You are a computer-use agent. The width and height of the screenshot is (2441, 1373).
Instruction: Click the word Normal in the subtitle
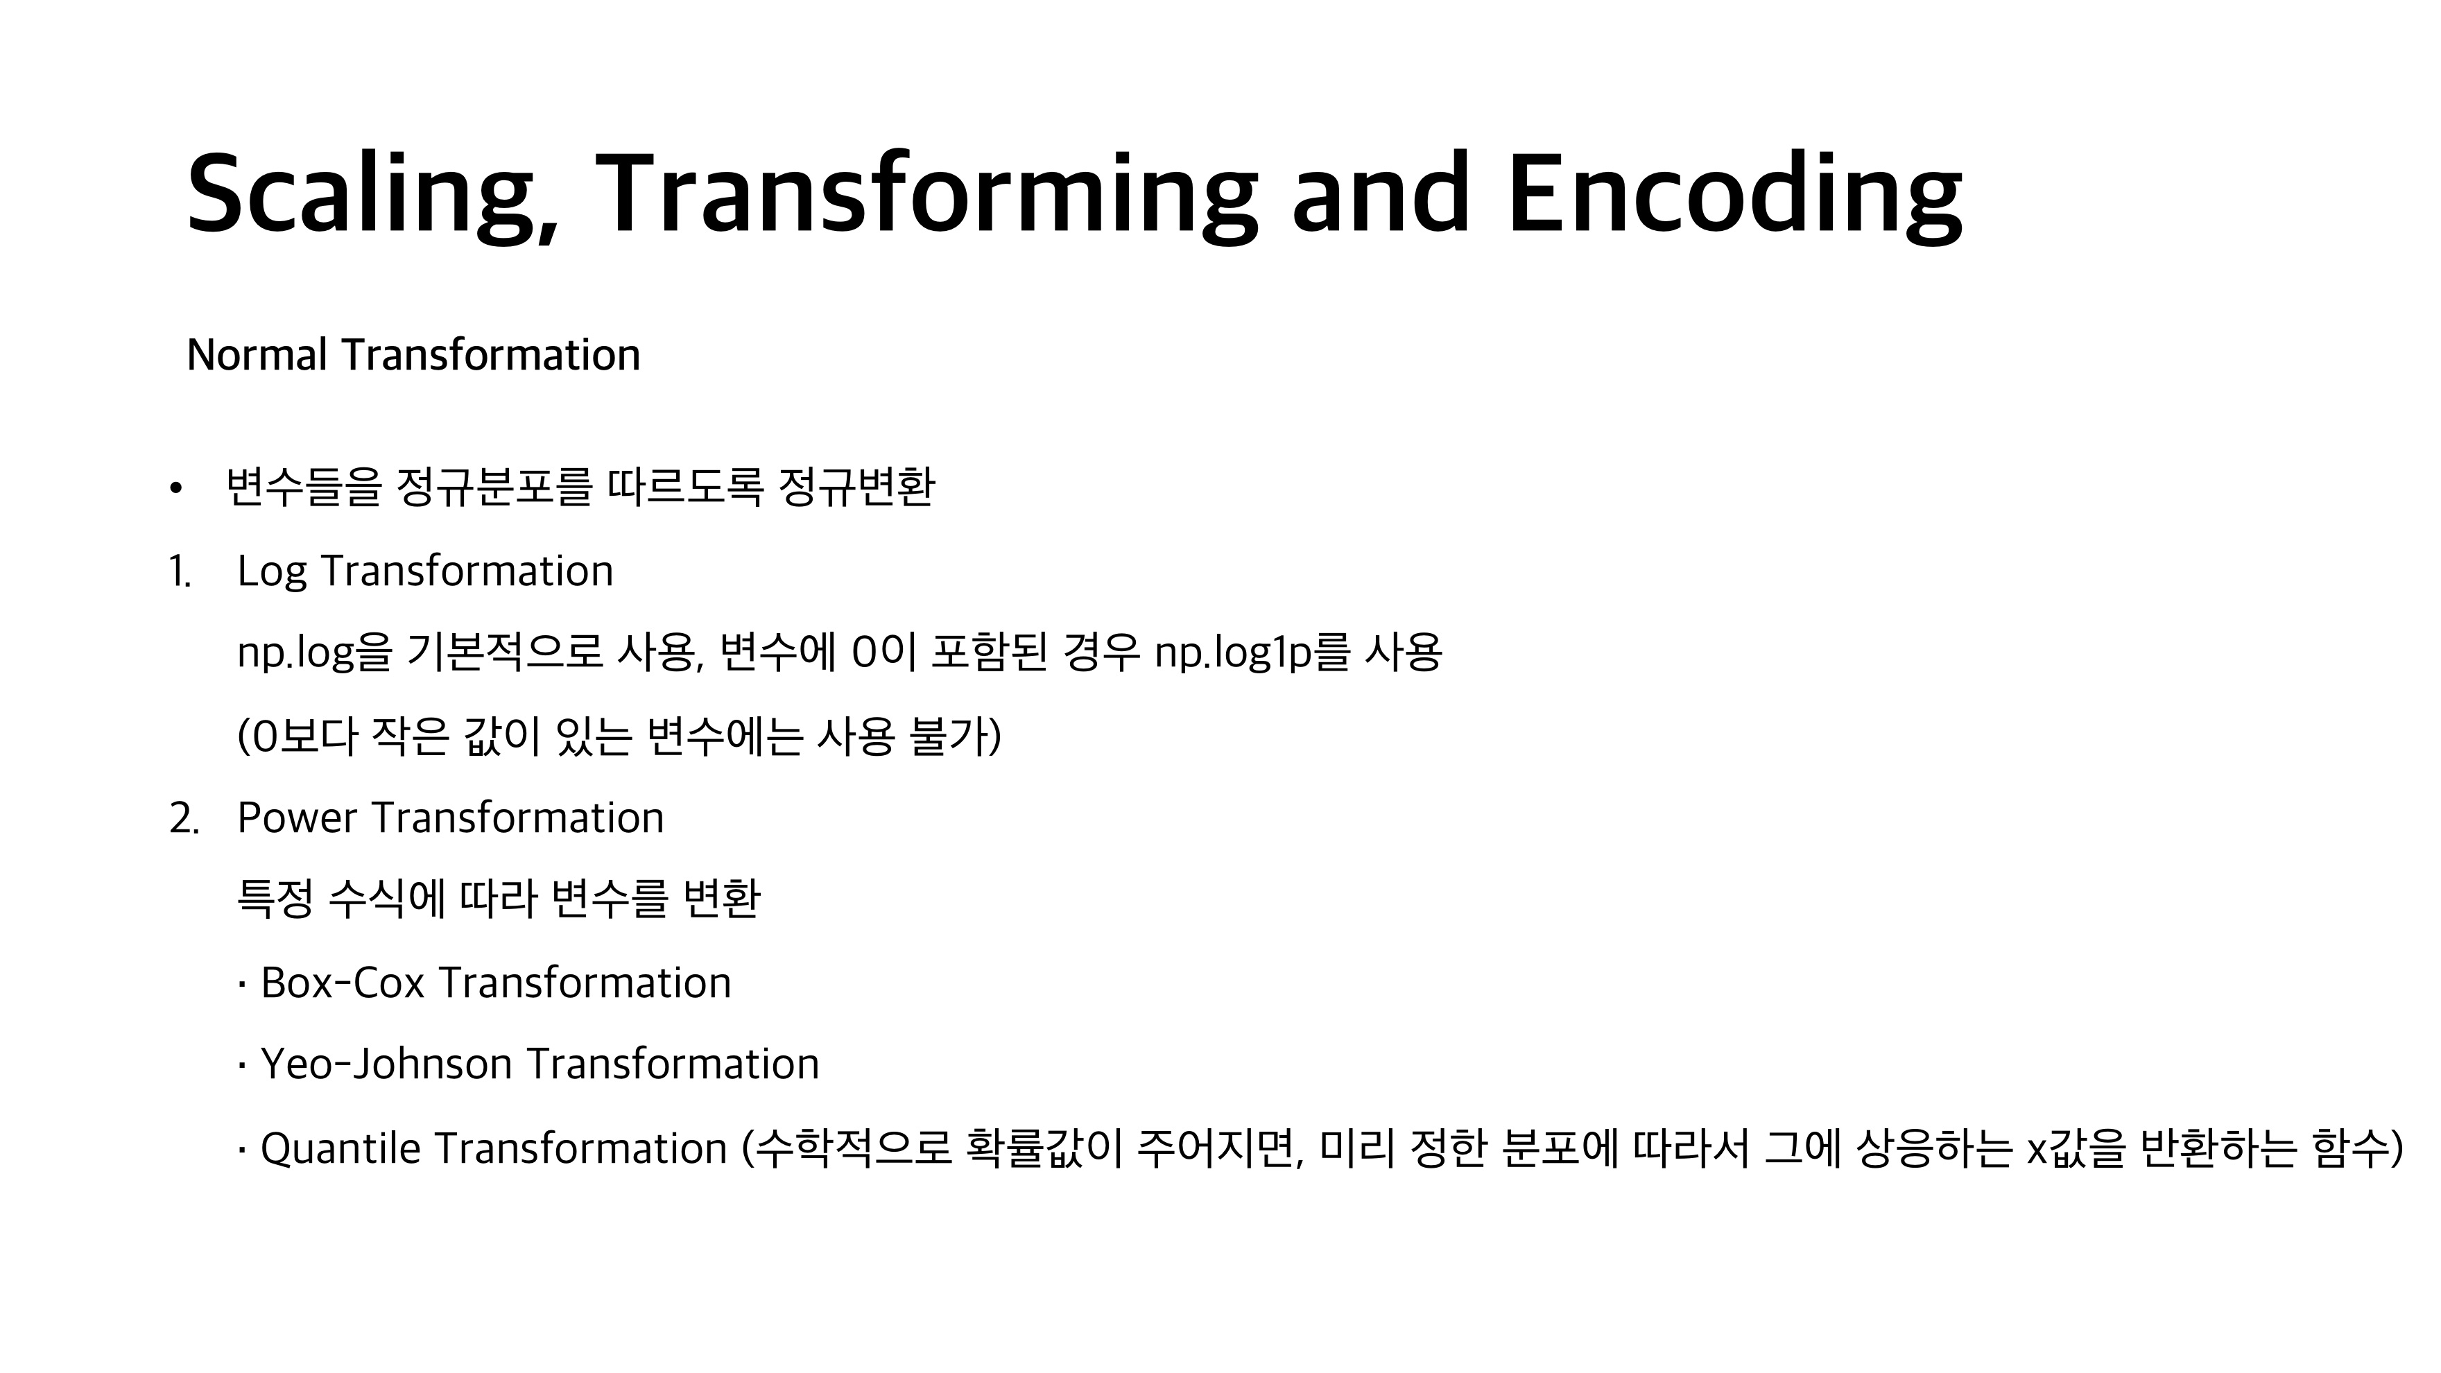click(x=258, y=354)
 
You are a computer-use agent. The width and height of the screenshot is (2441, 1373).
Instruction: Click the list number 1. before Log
click(x=180, y=571)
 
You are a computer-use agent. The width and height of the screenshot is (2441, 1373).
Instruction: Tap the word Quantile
click(x=340, y=1148)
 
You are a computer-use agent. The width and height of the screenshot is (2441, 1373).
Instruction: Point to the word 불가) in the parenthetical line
click(x=954, y=736)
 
